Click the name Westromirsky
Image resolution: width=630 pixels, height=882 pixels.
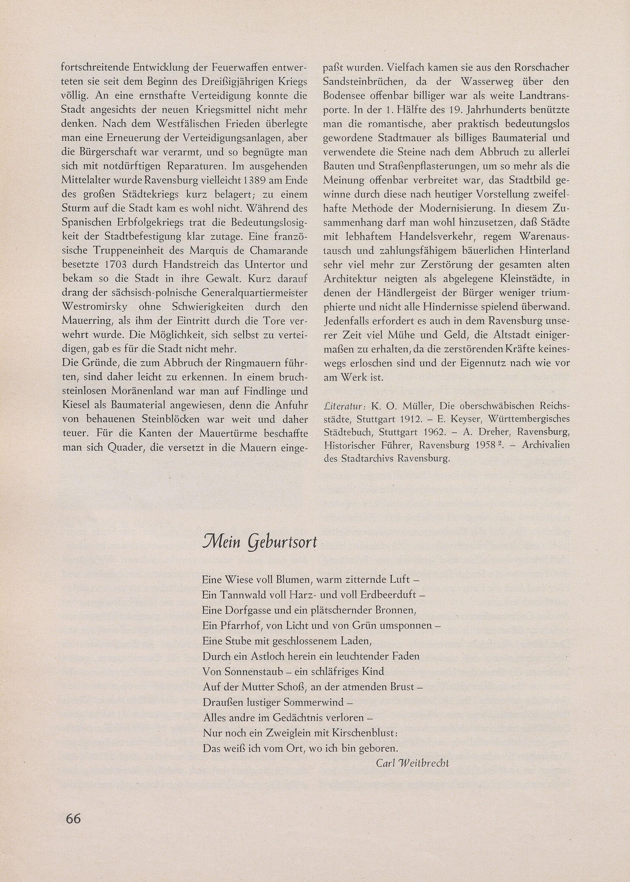(96, 307)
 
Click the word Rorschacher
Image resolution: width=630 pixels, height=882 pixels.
(542, 68)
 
